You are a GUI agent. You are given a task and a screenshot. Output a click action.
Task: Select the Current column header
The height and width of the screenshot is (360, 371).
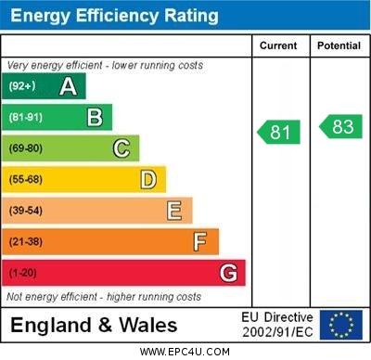pos(278,45)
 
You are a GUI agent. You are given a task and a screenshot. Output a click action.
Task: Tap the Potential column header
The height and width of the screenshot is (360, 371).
pos(339,45)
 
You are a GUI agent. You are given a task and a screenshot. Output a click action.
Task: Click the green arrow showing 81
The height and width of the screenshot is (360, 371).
pos(279,133)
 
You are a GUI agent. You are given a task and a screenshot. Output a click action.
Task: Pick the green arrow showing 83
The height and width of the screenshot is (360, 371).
pos(340,127)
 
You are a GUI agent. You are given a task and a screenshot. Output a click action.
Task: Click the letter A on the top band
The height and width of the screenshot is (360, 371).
pos(68,86)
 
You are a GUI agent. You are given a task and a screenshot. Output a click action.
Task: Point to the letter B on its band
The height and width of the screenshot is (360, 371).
pos(95,117)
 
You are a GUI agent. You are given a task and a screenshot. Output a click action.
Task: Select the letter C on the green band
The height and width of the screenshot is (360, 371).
pos(121,148)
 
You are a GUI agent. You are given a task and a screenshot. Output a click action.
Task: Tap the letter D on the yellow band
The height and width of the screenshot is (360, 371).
pos(147,179)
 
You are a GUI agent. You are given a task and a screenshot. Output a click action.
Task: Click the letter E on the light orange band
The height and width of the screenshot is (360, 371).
pos(173,211)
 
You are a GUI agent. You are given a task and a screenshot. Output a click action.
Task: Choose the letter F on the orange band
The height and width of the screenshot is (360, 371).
pos(199,241)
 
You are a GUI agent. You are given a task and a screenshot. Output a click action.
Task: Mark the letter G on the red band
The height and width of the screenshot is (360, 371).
pos(227,273)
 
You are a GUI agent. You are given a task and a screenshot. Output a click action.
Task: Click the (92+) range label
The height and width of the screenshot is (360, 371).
pos(21,86)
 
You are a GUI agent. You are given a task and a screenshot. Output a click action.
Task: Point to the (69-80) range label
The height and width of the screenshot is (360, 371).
pos(26,148)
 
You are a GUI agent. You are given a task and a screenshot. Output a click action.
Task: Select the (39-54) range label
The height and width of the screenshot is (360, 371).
pos(26,211)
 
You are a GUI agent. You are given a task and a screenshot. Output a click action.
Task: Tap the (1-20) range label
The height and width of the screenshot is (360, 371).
pos(22,273)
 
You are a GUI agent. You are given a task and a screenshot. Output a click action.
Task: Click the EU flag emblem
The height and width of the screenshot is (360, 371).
pos(341,325)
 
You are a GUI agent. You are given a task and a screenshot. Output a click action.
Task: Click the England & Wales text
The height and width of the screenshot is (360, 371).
pos(94,325)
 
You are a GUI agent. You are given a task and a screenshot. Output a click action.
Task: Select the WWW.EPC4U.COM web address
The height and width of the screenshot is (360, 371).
pos(185,352)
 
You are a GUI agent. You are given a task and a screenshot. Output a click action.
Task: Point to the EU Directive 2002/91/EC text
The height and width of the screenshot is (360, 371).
pos(277,325)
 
